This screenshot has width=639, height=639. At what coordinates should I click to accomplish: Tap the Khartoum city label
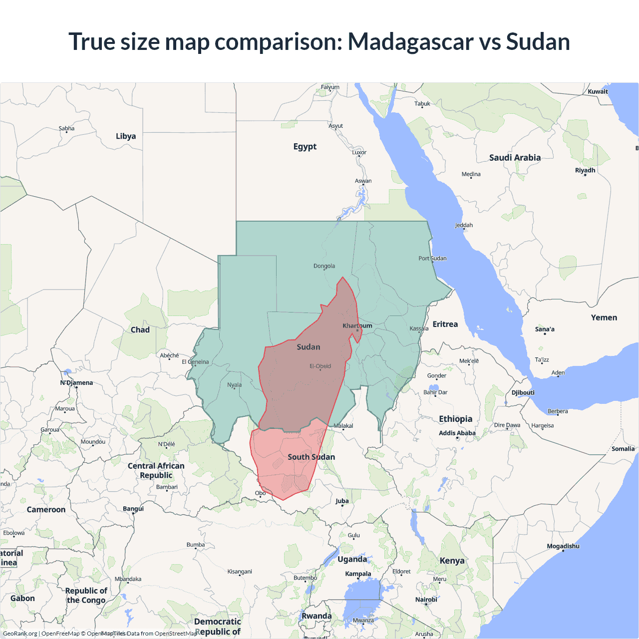click(x=357, y=326)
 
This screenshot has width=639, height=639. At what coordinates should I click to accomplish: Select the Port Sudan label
click(x=432, y=259)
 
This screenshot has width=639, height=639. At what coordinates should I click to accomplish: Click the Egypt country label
click(x=305, y=147)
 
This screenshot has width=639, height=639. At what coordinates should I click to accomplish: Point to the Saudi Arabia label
click(x=515, y=158)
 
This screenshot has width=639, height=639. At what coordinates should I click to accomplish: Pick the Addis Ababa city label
click(x=457, y=433)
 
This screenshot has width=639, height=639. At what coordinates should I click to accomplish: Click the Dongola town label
click(x=324, y=266)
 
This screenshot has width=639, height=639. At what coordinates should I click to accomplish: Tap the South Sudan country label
click(x=311, y=457)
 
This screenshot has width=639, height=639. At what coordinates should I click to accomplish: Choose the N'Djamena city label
click(x=76, y=383)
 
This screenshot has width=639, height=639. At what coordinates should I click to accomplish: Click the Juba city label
click(x=342, y=501)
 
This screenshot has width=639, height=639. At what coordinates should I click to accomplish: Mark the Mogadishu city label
click(x=563, y=546)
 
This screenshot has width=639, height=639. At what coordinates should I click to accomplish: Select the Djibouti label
click(x=523, y=392)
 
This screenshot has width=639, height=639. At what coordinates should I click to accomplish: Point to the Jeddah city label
click(x=464, y=225)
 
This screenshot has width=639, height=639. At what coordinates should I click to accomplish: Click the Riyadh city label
click(x=585, y=170)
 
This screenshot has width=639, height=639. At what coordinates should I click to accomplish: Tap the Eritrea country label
click(x=445, y=324)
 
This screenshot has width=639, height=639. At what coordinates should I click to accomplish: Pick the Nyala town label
click(x=234, y=385)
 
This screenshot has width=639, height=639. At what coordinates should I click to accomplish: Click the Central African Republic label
click(x=156, y=470)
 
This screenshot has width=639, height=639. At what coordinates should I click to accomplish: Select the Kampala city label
click(x=358, y=574)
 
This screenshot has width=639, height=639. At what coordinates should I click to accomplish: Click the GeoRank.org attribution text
click(x=20, y=634)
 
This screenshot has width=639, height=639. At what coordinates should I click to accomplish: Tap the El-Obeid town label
click(x=320, y=366)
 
